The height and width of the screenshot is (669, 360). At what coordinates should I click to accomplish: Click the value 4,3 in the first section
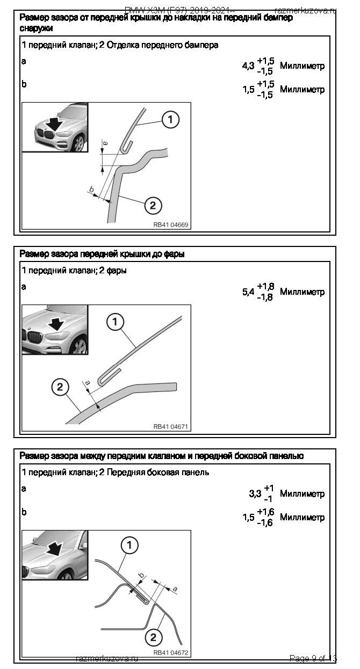[248, 66]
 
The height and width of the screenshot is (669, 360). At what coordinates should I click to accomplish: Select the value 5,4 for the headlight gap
[248, 292]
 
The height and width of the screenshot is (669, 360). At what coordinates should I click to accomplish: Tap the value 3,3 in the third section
[255, 493]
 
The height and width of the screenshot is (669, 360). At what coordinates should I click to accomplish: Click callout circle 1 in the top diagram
[171, 120]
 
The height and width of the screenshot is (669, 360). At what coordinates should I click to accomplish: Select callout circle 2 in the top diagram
[153, 205]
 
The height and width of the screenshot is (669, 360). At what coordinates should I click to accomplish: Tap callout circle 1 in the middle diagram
[116, 322]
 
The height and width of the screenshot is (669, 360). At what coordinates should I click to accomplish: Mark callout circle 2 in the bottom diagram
[153, 637]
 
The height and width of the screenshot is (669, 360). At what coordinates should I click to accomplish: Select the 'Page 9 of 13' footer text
[313, 658]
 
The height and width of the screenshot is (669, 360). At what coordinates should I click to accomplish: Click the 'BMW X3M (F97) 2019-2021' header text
[179, 10]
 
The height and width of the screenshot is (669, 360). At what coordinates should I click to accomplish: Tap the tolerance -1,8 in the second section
[265, 297]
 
